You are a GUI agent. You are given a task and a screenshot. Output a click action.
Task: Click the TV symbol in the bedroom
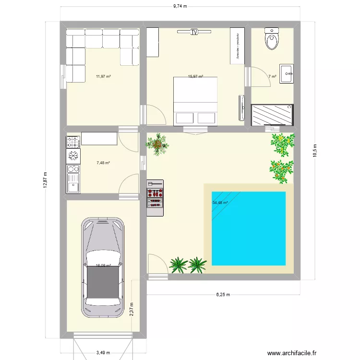(x=194, y=33)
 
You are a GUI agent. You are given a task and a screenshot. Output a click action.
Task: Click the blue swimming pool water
(x=248, y=228)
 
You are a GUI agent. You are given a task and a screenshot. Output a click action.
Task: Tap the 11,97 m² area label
(x=103, y=76)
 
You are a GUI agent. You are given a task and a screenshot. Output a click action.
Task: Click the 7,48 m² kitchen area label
(x=103, y=163)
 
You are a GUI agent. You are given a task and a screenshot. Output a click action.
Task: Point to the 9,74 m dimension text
(x=180, y=6)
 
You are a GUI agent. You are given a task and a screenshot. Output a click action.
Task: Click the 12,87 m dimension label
(x=45, y=181)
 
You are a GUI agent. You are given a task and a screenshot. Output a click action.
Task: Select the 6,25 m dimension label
(x=223, y=294)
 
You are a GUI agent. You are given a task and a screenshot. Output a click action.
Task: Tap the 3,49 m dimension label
(x=102, y=353)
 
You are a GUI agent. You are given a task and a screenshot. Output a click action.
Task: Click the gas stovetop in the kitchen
(x=73, y=141)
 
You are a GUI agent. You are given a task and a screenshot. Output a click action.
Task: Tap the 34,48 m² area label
(x=220, y=203)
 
